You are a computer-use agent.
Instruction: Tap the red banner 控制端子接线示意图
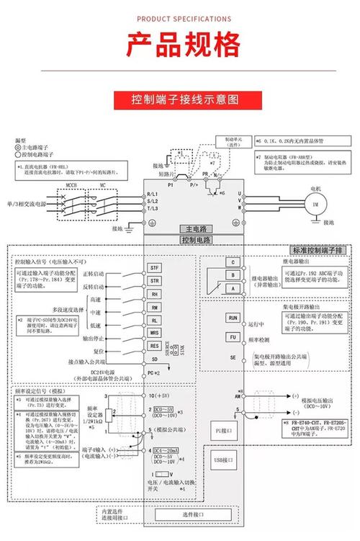[x=179, y=99]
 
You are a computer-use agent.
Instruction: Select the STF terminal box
[x=154, y=268]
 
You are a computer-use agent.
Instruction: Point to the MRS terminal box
[x=154, y=332]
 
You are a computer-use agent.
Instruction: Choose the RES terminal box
[x=154, y=345]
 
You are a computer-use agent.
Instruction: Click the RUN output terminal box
[x=233, y=317]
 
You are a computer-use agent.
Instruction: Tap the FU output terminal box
[x=233, y=336]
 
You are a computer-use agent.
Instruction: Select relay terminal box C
[x=233, y=262]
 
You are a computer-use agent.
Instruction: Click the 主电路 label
[x=191, y=228]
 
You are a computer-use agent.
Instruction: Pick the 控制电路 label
[x=191, y=239]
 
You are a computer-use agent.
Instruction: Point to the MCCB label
[x=73, y=185]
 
